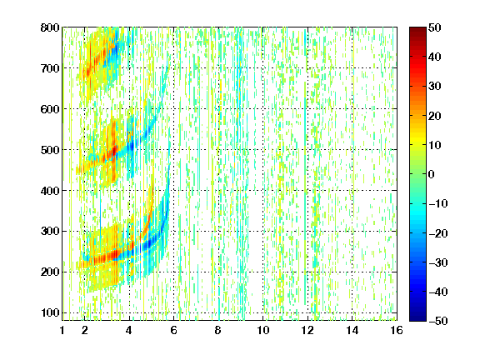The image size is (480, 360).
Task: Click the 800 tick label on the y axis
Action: [50, 27]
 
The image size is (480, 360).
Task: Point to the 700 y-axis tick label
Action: [50, 68]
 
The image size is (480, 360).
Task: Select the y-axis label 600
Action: [50, 109]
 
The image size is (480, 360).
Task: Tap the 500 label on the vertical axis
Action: [50, 150]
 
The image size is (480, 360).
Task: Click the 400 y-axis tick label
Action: [50, 191]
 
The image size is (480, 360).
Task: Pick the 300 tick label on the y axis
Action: [50, 232]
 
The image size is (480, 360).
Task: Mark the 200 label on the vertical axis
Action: [50, 272]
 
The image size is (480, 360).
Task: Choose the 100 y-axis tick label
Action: [50, 312]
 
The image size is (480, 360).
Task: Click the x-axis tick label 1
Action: [62, 330]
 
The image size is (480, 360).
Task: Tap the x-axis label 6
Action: [174, 330]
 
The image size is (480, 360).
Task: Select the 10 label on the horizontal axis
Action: [263, 330]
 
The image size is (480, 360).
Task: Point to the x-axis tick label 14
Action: [352, 330]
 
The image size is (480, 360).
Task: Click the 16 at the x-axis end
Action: [397, 330]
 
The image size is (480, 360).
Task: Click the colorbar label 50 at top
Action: [435, 27]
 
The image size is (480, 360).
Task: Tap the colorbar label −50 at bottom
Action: [438, 321]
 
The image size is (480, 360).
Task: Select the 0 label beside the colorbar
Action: [432, 174]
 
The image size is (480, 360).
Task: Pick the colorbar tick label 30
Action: [435, 87]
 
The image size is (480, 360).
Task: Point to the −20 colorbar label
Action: [438, 233]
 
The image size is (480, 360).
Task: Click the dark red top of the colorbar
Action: [417, 30]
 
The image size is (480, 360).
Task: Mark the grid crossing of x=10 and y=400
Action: [263, 190]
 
